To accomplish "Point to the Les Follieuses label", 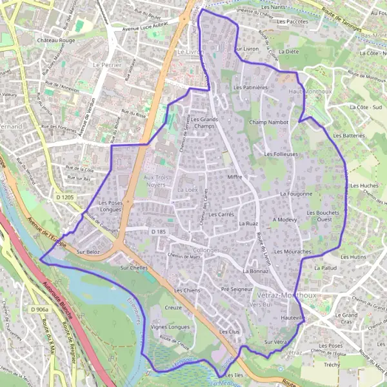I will click(x=281, y=154).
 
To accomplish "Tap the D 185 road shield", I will click(x=159, y=231).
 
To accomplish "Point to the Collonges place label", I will click(x=206, y=250).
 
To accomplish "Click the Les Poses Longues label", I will click(x=111, y=206).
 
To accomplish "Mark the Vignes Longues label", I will click(x=170, y=327).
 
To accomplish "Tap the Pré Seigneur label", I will click(x=236, y=290).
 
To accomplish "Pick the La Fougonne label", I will click(x=296, y=193).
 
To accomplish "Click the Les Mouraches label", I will click(x=293, y=251).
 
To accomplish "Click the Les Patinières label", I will click(x=250, y=86).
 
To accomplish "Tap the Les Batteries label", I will click(x=349, y=136).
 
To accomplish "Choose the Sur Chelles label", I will click(x=134, y=267).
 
